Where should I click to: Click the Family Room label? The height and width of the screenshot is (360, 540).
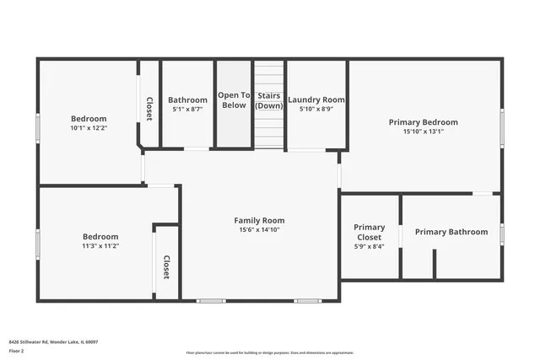pyautogui.click(x=259, y=220)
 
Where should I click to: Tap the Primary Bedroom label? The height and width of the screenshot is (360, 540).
pyautogui.click(x=423, y=122)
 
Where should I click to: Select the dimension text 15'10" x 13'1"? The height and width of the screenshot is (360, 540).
pyautogui.click(x=423, y=132)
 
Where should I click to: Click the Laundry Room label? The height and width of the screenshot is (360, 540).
pyautogui.click(x=316, y=99)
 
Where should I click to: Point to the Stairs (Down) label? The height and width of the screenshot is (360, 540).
pyautogui.click(x=269, y=100)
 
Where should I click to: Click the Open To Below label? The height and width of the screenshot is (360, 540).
pyautogui.click(x=234, y=100)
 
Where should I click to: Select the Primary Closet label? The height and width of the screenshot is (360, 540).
pyautogui.click(x=369, y=232)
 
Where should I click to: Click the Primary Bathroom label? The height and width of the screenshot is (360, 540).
pyautogui.click(x=451, y=232)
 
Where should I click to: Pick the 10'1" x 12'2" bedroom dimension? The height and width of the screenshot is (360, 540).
pyautogui.click(x=89, y=128)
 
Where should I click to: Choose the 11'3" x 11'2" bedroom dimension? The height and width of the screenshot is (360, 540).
pyautogui.click(x=100, y=246)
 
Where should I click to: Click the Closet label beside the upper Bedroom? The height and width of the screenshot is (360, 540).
pyautogui.click(x=149, y=109)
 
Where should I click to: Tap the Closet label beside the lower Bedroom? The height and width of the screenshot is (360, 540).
pyautogui.click(x=166, y=267)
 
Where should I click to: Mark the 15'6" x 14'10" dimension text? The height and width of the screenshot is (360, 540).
pyautogui.click(x=259, y=229)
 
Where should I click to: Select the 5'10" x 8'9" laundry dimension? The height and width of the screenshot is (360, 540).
pyautogui.click(x=316, y=109)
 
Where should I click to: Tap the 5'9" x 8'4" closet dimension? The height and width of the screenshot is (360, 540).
pyautogui.click(x=369, y=246)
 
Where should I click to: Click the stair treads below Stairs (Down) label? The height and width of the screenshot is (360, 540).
pyautogui.click(x=269, y=131)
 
